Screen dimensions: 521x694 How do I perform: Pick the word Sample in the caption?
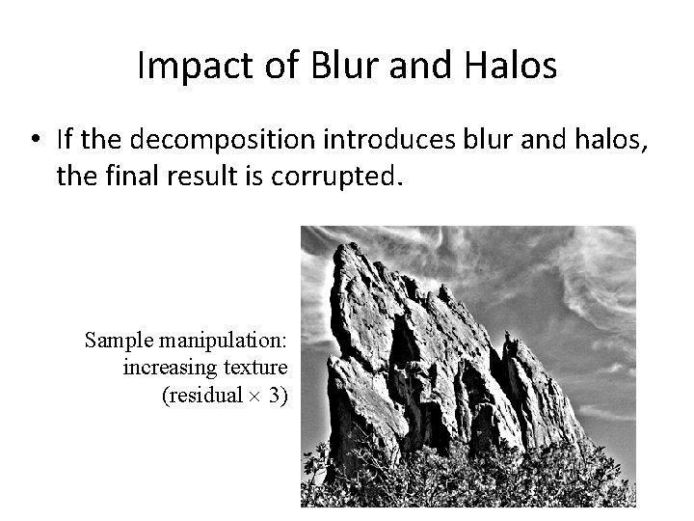click(x=116, y=341)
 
